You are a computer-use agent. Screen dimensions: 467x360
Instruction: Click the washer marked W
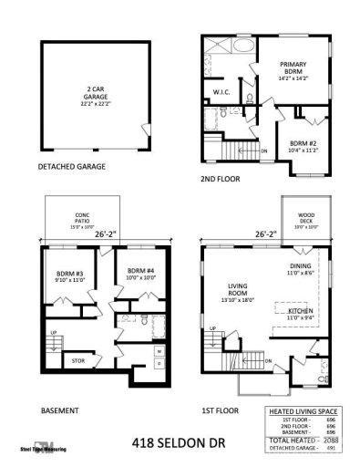(x=159, y=350)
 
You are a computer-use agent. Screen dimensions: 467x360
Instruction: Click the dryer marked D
(x=159, y=364)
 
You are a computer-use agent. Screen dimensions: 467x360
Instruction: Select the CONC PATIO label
(x=80, y=219)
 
